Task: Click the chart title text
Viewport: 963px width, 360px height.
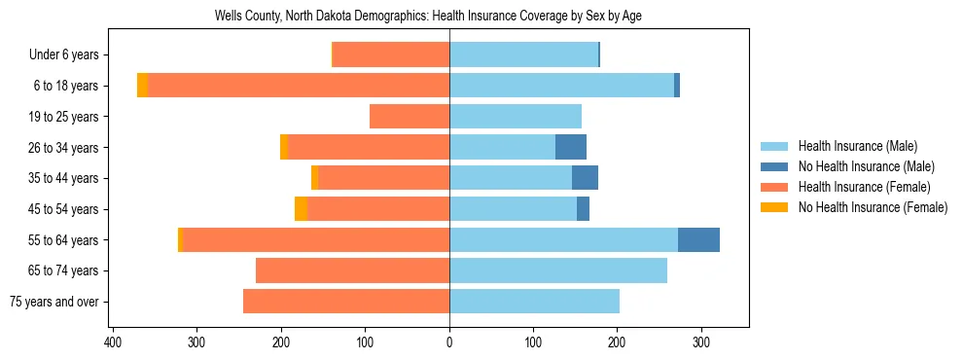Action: coord(427,17)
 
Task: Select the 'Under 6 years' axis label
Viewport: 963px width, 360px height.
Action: coord(69,55)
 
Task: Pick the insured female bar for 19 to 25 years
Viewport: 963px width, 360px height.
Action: coord(410,117)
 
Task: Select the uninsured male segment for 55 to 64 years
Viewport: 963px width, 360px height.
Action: coord(698,239)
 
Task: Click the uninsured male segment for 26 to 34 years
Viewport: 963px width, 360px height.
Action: coord(571,147)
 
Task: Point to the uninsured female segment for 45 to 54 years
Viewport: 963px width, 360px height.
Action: coord(302,209)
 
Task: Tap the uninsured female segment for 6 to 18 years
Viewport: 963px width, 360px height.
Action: coord(142,86)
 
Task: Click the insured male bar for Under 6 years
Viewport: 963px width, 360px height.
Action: coord(523,55)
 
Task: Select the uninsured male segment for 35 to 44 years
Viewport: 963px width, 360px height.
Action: coord(585,178)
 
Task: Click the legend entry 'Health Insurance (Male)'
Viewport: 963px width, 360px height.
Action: coord(857,146)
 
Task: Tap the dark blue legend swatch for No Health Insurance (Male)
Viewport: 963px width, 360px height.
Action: coord(775,166)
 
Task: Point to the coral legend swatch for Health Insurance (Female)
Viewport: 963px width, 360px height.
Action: coord(775,187)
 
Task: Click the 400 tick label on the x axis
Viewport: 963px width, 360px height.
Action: coord(113,342)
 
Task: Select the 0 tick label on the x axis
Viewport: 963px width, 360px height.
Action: coord(449,342)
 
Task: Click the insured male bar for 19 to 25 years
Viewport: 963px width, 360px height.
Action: coord(516,117)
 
